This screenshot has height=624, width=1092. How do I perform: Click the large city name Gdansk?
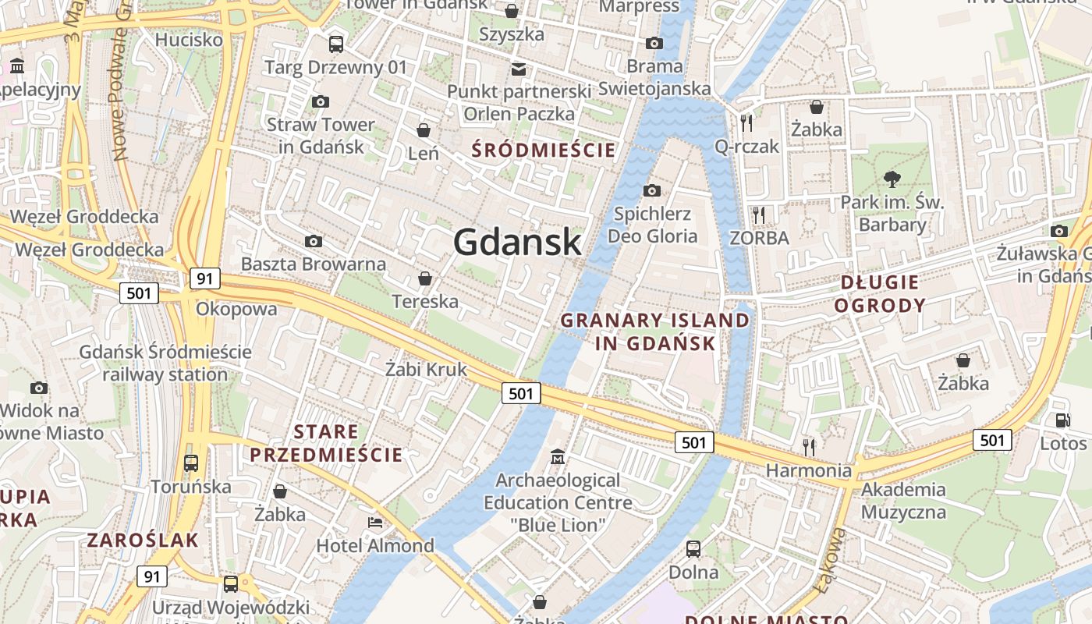517,242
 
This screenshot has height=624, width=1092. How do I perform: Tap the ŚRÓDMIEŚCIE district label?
544,150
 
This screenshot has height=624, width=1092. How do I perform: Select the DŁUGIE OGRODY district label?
880,293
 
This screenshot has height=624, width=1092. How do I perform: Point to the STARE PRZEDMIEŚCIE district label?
326,443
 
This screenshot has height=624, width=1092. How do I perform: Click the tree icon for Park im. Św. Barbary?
892,180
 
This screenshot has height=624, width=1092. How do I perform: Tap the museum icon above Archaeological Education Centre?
558,456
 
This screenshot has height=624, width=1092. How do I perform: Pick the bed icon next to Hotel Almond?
375,522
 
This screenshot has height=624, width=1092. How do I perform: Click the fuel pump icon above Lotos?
1062,420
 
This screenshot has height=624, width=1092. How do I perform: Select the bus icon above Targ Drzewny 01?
336,44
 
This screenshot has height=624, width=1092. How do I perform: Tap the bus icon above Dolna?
693,548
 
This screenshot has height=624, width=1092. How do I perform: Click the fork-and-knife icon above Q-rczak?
746,122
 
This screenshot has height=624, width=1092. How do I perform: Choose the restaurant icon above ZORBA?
759,214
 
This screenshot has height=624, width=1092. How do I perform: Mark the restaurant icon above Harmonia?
809,446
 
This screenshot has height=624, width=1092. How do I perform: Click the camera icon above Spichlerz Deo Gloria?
652,190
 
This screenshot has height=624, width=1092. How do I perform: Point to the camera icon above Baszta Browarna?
314,241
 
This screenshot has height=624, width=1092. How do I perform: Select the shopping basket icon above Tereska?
425,278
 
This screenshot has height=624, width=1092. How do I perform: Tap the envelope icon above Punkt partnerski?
519,69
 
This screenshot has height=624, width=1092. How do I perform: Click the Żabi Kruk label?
426,369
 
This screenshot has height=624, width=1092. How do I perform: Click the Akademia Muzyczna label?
903,501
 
